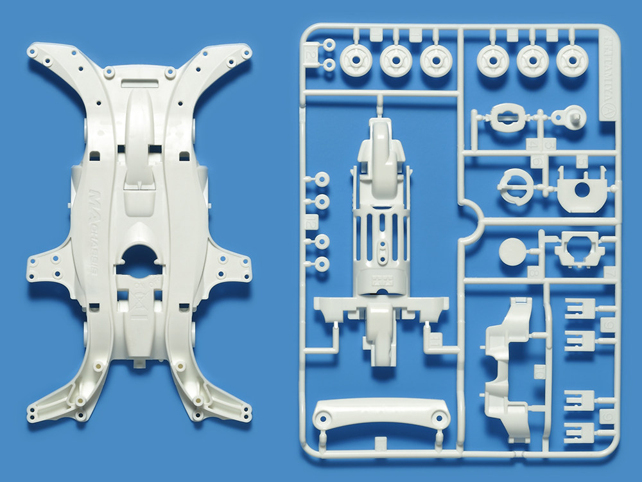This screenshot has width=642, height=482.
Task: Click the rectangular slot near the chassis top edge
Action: [x=139, y=83]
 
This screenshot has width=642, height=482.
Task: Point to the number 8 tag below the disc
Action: [x=532, y=272]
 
